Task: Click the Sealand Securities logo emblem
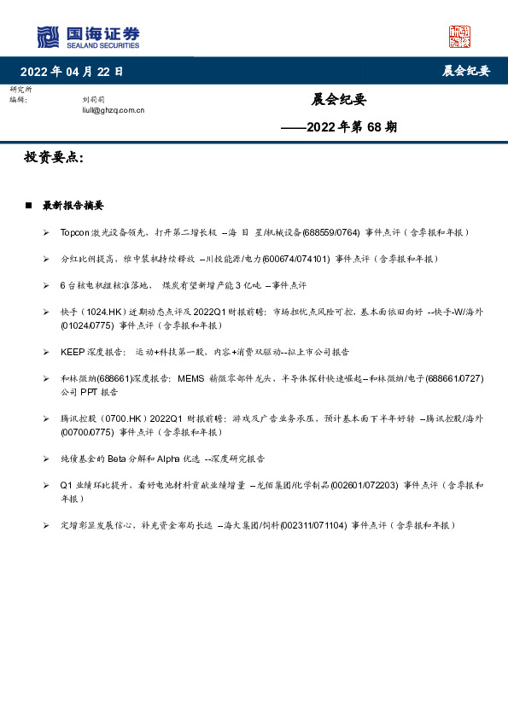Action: [49, 37]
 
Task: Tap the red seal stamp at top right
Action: [459, 37]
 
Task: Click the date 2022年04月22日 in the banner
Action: [72, 71]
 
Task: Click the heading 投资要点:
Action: [54, 158]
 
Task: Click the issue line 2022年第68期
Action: [339, 128]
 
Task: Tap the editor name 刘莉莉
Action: [92, 100]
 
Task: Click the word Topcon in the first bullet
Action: [74, 232]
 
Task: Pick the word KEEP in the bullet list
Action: [71, 352]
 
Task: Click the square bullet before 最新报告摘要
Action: [28, 206]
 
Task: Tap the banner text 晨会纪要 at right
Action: [465, 71]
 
